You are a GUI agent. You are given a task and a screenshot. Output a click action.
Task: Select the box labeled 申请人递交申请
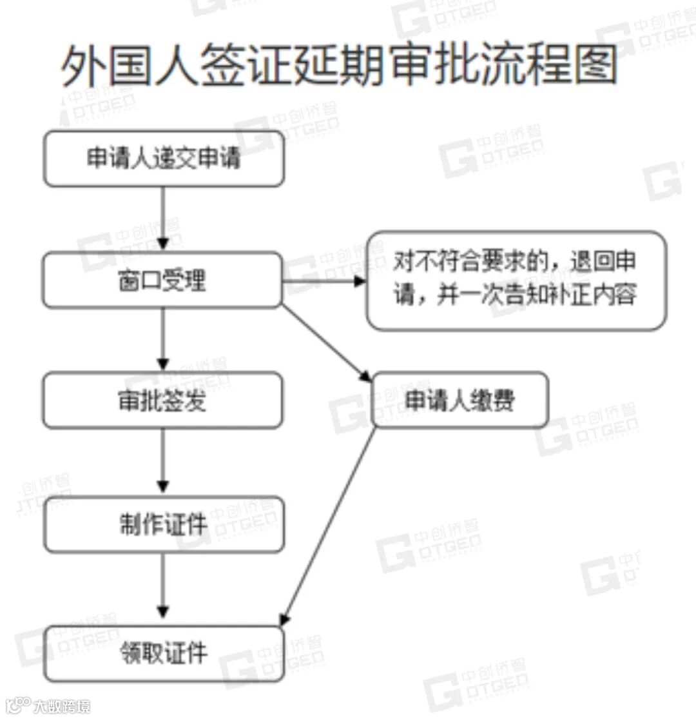[164, 159]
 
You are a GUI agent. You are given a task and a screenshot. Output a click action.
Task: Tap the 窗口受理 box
[162, 280]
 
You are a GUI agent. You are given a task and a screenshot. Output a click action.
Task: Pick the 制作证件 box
[164, 524]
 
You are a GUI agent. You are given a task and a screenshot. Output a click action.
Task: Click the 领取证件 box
[164, 654]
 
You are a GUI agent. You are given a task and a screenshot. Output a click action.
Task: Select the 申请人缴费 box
[459, 400]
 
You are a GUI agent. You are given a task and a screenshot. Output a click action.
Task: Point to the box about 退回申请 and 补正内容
[516, 281]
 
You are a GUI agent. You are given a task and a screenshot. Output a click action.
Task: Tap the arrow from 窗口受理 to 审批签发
[163, 339]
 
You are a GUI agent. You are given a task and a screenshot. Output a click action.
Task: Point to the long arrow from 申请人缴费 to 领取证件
[329, 526]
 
